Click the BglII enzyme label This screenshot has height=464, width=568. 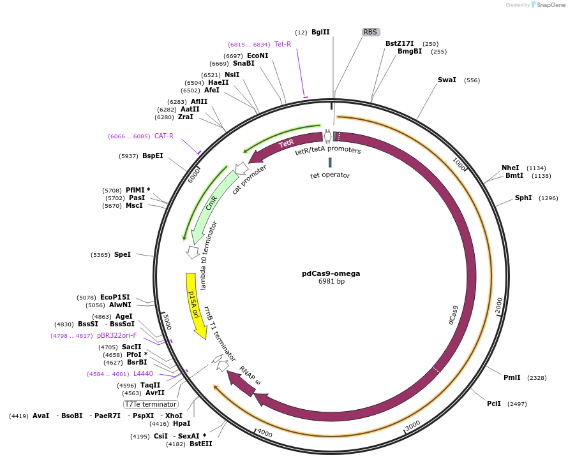point(320,32)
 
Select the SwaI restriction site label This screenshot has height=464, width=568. point(447,80)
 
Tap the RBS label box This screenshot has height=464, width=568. point(370,32)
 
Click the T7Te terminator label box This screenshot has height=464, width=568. point(151,404)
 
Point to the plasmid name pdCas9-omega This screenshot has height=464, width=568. point(331,273)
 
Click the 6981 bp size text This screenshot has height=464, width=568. point(331,282)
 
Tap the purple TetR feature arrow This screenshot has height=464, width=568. point(287,145)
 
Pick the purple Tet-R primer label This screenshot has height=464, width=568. point(283,44)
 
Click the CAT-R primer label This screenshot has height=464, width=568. point(164,136)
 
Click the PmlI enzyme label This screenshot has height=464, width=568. point(512,377)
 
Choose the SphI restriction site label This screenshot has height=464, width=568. point(523,198)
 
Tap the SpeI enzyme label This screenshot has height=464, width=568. point(123,255)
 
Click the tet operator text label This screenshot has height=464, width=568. point(330,175)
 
